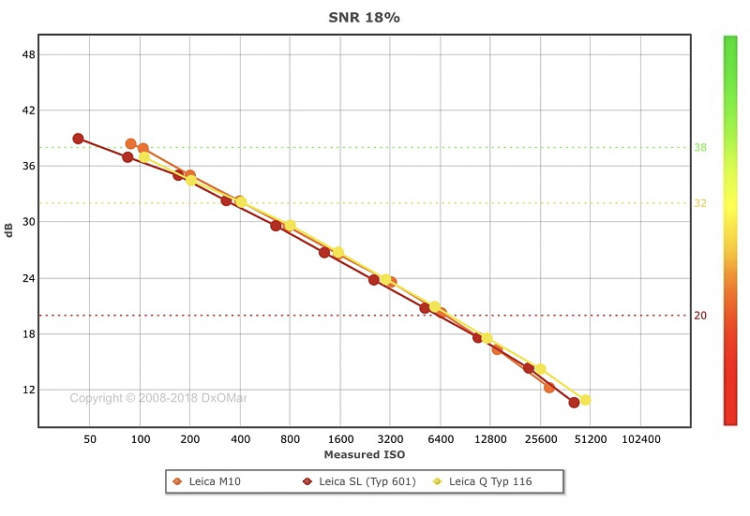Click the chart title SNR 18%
[x=365, y=18]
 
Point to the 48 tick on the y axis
[x=27, y=54]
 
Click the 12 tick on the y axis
[x=27, y=390]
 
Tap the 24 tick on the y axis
[x=27, y=278]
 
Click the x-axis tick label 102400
[x=640, y=439]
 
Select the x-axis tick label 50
[x=90, y=439]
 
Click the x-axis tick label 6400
[x=441, y=439]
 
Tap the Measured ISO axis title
[x=365, y=454]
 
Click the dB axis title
[x=9, y=229]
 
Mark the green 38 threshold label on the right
[x=700, y=148]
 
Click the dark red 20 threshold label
[x=700, y=316]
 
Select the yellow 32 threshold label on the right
[x=700, y=203]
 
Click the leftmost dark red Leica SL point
[x=79, y=139]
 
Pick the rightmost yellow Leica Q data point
[x=585, y=400]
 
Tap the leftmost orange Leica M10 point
[x=131, y=144]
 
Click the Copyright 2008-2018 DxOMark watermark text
[x=158, y=398]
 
